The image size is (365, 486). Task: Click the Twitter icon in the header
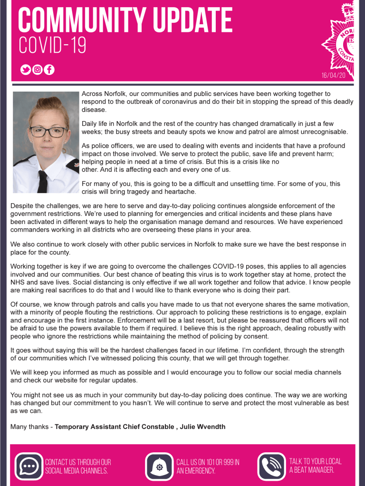pyautogui.click(x=25, y=70)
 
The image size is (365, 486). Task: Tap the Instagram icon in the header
pyautogui.click(x=37, y=70)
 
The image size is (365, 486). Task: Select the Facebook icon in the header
pyautogui.click(x=49, y=70)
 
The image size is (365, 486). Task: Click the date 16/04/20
pyautogui.click(x=333, y=75)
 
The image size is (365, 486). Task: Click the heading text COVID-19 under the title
pyautogui.click(x=52, y=46)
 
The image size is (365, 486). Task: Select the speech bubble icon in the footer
pyautogui.click(x=29, y=466)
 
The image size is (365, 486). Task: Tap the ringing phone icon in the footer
pyautogui.click(x=271, y=466)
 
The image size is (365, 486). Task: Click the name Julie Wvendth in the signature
pyautogui.click(x=202, y=427)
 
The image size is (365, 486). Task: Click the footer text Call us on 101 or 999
pyautogui.click(x=208, y=462)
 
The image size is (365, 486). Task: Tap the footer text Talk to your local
pyautogui.click(x=315, y=461)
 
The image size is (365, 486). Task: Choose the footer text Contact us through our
pyautogui.click(x=78, y=462)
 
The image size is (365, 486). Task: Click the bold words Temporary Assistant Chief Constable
pyautogui.click(x=115, y=427)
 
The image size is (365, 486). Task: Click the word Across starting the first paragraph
pyautogui.click(x=92, y=94)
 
